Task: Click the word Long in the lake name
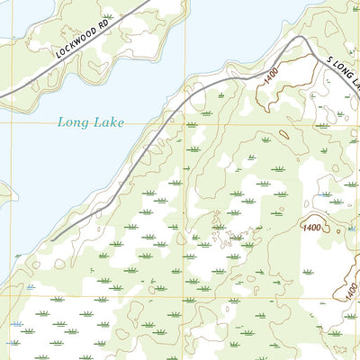[x=72, y=121]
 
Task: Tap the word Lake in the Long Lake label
[x=107, y=121]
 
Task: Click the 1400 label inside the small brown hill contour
[x=313, y=229]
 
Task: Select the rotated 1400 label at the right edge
[x=347, y=286]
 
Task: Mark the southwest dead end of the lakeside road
[x=51, y=239]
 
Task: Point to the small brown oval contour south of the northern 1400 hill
[x=283, y=135]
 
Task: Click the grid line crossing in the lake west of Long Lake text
[x=14, y=124]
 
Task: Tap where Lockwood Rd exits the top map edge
[x=144, y=1]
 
